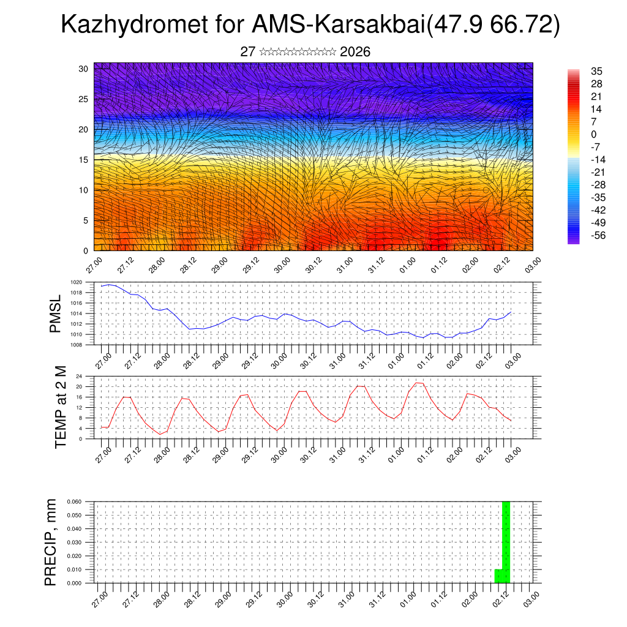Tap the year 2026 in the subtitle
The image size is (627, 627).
[355, 52]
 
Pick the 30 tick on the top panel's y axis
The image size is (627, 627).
[84, 69]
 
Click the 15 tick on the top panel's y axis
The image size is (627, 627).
[84, 160]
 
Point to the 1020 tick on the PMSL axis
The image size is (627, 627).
[76, 282]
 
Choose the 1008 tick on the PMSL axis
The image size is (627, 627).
[76, 345]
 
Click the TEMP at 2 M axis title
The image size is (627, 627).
[61, 407]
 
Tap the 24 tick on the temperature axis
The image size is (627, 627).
[78, 376]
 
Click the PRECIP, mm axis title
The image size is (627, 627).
[51, 543]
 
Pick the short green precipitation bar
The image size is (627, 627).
[498, 576]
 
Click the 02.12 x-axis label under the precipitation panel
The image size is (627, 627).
[499, 599]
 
